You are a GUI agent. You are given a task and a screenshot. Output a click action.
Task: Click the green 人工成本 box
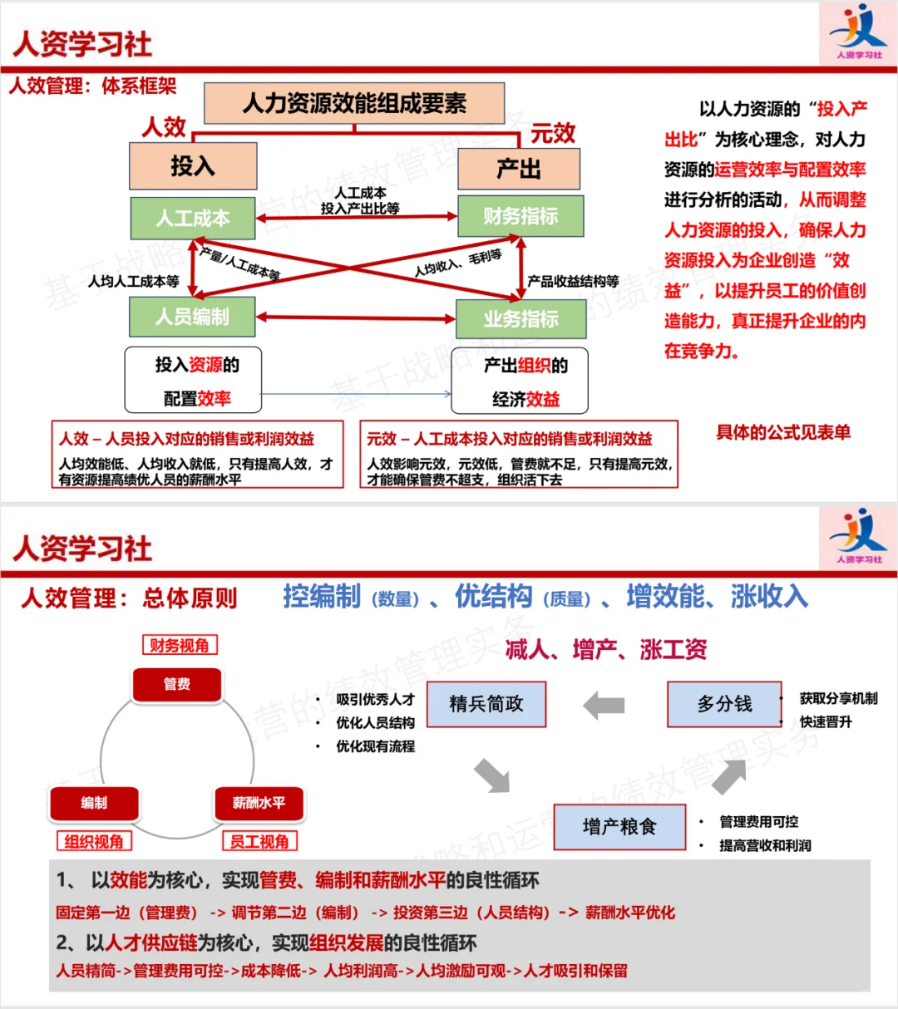[x=193, y=218]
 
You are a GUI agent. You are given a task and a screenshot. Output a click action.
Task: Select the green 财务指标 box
[x=521, y=216]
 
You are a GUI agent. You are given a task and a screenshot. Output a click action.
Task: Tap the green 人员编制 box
[x=192, y=317]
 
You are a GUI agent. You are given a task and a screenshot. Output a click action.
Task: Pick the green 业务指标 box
[x=521, y=318]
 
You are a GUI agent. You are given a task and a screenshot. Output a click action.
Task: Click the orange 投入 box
[x=193, y=166]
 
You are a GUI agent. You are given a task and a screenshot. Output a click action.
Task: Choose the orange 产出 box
[x=519, y=169]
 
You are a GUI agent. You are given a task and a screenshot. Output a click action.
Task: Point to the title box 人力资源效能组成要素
[x=354, y=103]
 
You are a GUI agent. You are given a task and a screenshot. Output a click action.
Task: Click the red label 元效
[x=553, y=133]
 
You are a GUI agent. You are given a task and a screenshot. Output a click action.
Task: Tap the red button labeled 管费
[x=177, y=684]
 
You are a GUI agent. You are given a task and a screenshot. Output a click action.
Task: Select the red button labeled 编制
[x=94, y=803]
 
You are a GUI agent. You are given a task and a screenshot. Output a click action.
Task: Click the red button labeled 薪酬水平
[x=259, y=803]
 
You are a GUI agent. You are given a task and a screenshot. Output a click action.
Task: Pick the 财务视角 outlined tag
[x=179, y=645]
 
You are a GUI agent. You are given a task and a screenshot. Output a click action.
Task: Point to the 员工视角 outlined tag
[x=259, y=841]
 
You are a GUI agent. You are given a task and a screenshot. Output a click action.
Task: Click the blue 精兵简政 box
[x=486, y=704]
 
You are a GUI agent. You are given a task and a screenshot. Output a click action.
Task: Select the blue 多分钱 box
[x=724, y=704]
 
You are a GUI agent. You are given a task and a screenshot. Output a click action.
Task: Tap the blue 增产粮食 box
[x=619, y=826]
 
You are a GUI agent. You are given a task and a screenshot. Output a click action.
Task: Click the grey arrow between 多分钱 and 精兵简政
[x=604, y=706]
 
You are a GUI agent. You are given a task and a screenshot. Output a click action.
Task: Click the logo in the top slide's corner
[x=857, y=33]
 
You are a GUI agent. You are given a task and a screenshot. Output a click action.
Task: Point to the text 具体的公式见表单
[x=783, y=432]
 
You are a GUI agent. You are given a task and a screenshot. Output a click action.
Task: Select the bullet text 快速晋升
[x=826, y=722]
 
